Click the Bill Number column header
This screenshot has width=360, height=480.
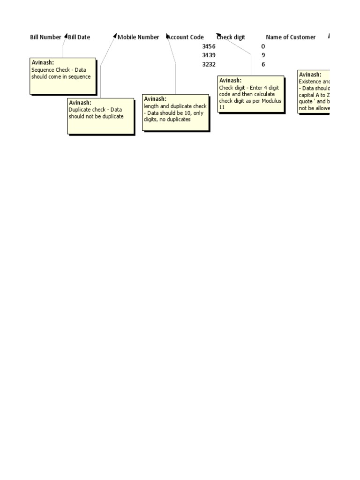[45, 37]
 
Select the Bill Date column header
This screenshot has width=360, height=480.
[79, 37]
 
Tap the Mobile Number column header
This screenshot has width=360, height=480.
[138, 37]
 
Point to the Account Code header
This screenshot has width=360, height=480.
[186, 37]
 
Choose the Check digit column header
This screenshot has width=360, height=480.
[231, 37]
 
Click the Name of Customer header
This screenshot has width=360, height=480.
[291, 37]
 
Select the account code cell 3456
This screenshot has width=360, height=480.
[209, 46]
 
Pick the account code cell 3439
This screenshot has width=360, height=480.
[209, 55]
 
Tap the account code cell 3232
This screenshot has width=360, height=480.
[209, 64]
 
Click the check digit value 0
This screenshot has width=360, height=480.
[263, 46]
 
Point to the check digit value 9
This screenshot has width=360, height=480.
[263, 55]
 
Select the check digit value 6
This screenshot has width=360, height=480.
[263, 64]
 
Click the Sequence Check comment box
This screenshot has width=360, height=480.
[63, 75]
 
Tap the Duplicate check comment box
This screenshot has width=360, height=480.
[101, 116]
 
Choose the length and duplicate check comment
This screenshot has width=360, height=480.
[176, 112]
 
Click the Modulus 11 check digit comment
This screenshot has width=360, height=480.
[251, 94]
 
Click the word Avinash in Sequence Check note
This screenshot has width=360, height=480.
[42, 62]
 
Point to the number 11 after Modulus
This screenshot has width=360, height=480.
[222, 107]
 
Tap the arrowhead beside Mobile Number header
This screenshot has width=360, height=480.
[115, 36]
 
